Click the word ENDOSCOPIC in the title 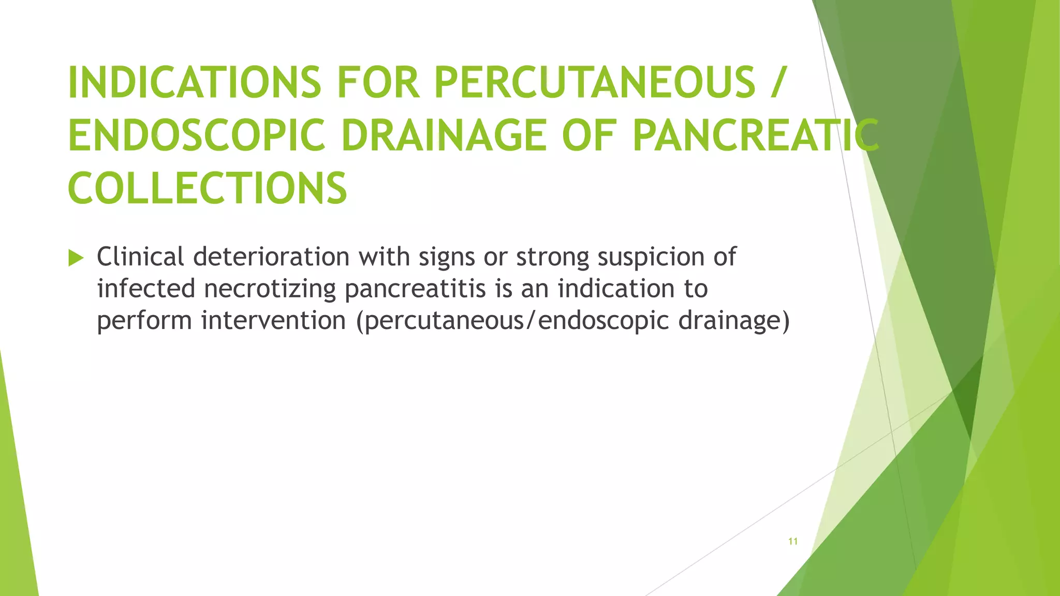[197, 136]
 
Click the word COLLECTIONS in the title [207, 188]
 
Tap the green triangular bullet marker [76, 258]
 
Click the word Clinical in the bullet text [140, 257]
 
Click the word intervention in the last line [273, 320]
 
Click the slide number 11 [792, 542]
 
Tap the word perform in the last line [144, 320]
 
